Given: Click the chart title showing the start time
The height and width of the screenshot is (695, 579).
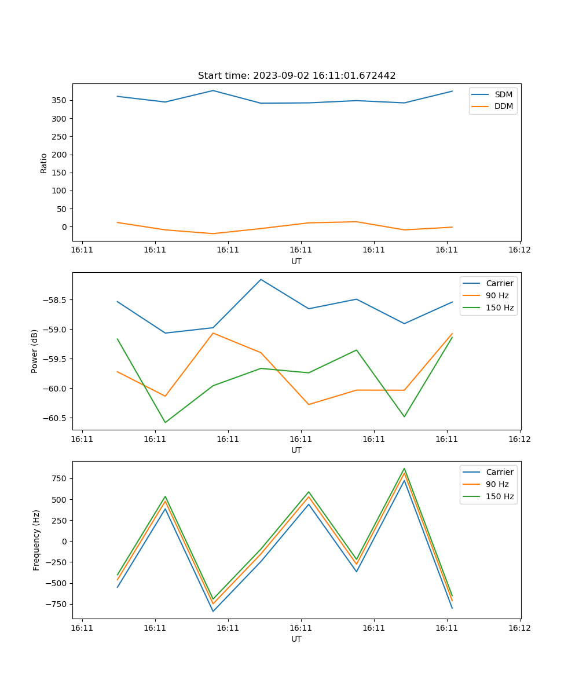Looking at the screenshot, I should tap(296, 76).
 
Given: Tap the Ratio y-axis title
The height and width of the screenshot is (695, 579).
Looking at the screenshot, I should tap(44, 163).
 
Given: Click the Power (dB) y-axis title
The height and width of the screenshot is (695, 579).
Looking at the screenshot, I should tap(35, 351).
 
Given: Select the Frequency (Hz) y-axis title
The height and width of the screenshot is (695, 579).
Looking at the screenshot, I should tap(36, 540).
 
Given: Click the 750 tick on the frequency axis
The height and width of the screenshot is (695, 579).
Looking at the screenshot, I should tap(60, 478).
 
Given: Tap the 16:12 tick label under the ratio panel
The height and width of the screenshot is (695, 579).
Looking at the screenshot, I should tap(519, 250).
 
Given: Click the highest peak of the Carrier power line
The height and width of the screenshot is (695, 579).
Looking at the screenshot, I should tap(261, 279).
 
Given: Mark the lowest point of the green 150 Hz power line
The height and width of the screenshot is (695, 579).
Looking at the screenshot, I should tap(165, 422).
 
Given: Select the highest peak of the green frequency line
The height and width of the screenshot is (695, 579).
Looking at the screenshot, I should tap(404, 469).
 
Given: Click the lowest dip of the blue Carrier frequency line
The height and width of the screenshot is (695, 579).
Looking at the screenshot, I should tap(213, 611).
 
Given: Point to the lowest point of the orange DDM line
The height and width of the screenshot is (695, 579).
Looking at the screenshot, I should tap(213, 233).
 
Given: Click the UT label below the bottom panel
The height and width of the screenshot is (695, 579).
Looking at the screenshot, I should tap(296, 639).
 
